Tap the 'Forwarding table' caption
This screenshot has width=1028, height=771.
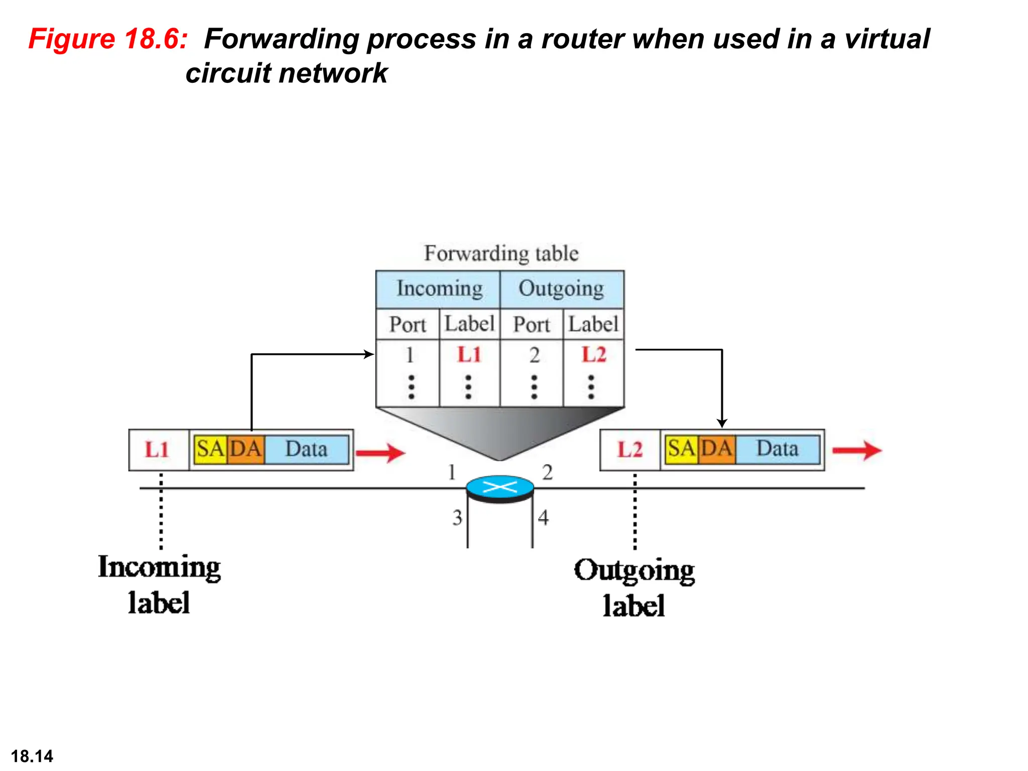pos(501,253)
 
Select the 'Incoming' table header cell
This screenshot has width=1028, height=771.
pos(438,289)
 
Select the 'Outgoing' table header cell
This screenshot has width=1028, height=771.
pos(561,289)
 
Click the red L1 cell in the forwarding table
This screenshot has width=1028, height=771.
pos(469,355)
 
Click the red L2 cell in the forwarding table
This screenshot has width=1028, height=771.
pos(593,355)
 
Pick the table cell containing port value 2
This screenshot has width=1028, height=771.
pos(534,355)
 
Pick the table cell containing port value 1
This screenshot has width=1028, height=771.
pos(410,355)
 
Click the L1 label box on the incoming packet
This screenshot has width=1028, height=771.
pos(158,450)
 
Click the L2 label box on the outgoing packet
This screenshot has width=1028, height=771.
pos(629,450)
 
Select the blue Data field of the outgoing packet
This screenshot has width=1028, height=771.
pos(777,448)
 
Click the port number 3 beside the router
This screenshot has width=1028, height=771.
pos(457,518)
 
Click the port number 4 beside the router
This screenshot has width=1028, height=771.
pos(543,518)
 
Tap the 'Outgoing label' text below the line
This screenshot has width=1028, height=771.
pos(634,587)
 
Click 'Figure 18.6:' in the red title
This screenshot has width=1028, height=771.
pos(108,39)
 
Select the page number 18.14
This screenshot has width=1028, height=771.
pos(32,756)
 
